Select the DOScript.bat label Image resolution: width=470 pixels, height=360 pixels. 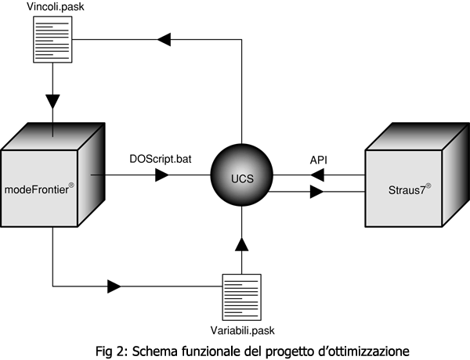click(161, 160)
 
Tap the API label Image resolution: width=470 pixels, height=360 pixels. click(318, 160)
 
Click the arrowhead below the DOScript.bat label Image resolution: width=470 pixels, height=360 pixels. click(162, 175)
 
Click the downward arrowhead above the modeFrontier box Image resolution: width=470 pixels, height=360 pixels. click(52, 101)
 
